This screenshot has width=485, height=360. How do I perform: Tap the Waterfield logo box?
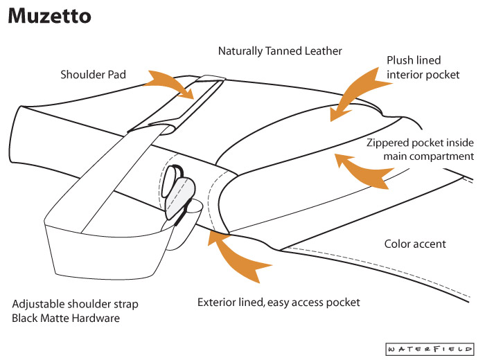430,348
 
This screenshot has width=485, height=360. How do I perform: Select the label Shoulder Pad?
92,74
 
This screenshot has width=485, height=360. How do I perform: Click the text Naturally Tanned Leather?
280,51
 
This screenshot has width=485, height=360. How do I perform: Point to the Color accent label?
415,244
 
